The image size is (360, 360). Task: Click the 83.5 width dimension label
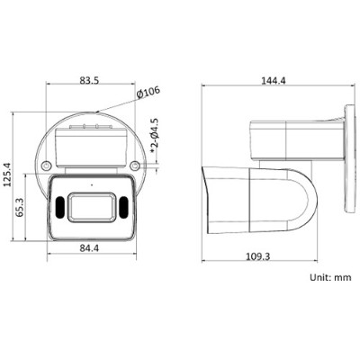(87, 80)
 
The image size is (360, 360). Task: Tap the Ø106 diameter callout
(147, 92)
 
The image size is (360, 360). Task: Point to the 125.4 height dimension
(10, 175)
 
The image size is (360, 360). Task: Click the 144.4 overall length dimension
(272, 80)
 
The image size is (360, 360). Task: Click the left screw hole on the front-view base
(41, 166)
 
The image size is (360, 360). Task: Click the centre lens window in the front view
(88, 206)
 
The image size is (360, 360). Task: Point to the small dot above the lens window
(88, 184)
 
